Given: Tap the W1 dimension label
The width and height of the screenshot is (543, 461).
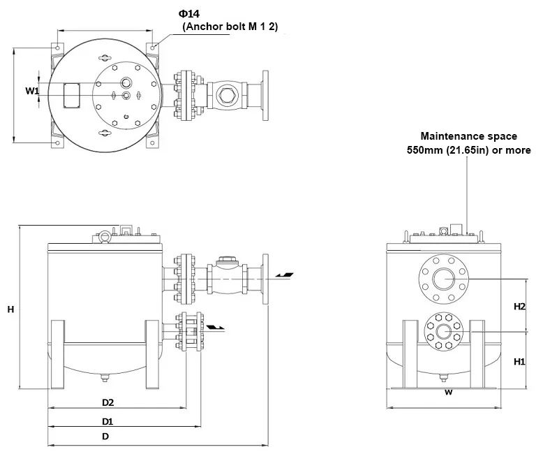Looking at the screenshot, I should tap(32, 91).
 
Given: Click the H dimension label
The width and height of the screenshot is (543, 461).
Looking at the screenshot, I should tap(10, 309).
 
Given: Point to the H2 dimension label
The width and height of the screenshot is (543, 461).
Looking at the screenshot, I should tap(519, 306).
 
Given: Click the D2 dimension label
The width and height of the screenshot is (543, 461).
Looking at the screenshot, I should tap(107, 402).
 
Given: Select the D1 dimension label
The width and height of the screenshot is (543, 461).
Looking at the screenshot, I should tap(107, 421).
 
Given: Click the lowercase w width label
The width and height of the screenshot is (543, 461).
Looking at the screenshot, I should tap(449, 392).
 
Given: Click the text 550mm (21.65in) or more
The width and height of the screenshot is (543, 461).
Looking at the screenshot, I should tap(468, 150).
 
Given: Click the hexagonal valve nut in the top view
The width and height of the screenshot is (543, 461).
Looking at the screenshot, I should tap(226, 95).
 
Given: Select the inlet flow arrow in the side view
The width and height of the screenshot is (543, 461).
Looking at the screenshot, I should tap(285, 275).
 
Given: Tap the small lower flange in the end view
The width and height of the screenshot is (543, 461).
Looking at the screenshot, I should tap(444, 331).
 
